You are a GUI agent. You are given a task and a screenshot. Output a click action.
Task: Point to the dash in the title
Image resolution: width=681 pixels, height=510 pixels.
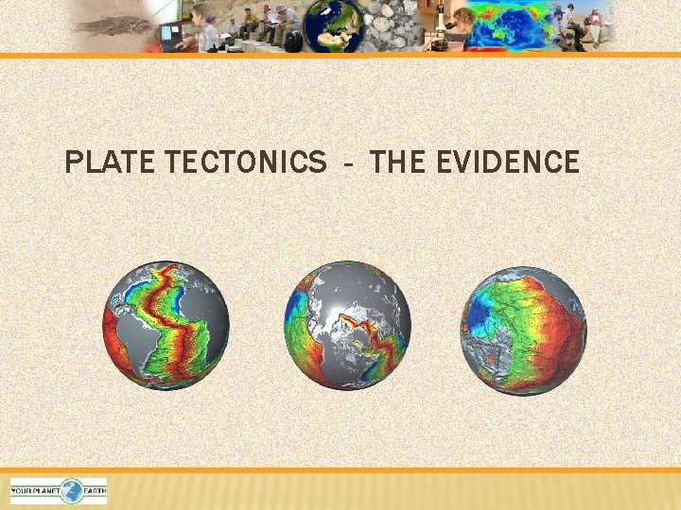(350, 164)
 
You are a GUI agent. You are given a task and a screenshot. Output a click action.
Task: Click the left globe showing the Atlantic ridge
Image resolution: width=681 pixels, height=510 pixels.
(166, 324)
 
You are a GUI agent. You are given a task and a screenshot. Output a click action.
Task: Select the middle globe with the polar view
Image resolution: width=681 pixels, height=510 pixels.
(348, 324)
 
